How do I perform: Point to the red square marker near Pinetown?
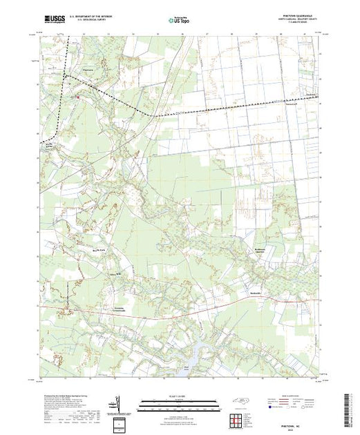point(77,97)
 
